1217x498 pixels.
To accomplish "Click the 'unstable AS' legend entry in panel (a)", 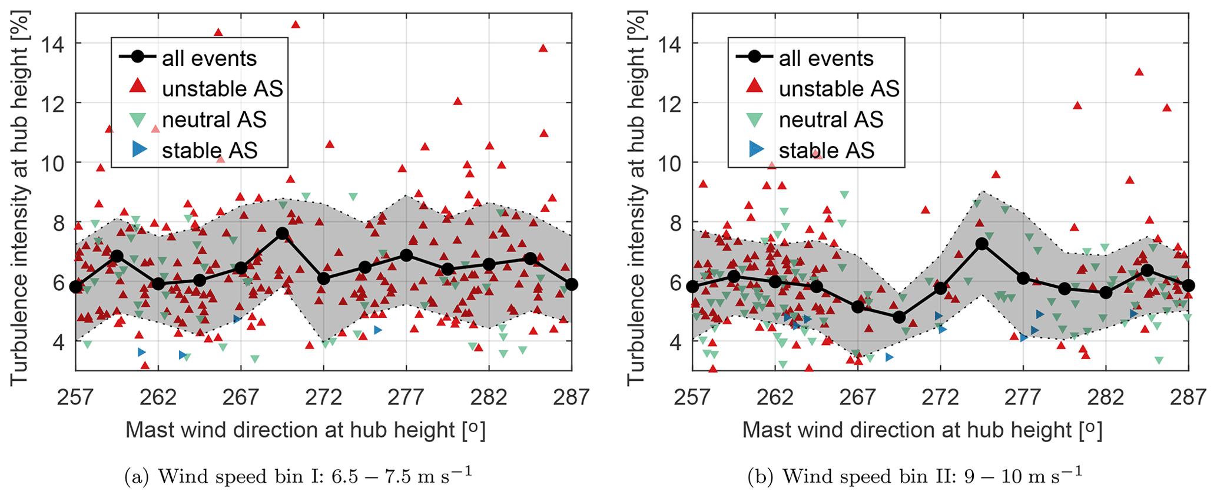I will pos(222,89).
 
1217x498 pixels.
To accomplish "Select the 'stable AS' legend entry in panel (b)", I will pos(826,151).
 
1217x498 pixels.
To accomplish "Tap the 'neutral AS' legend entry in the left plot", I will pos(214,119).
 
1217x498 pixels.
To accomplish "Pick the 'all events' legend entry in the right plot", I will pos(826,58).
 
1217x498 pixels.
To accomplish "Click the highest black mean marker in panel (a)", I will pos(282,234).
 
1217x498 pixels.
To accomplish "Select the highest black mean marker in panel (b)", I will pos(981,244).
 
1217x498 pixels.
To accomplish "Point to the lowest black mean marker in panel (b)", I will pos(899,317).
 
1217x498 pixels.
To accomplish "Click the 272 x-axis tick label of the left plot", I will pos(323,397).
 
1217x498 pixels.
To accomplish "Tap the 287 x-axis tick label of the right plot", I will pos(1188,397).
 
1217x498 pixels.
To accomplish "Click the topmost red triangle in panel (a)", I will pos(296,25).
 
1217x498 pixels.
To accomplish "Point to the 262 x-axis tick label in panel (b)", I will pos(775,397).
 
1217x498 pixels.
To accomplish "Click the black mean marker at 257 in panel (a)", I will pos(76,287).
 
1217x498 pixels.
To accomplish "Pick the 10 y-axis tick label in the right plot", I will pos(671,163).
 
